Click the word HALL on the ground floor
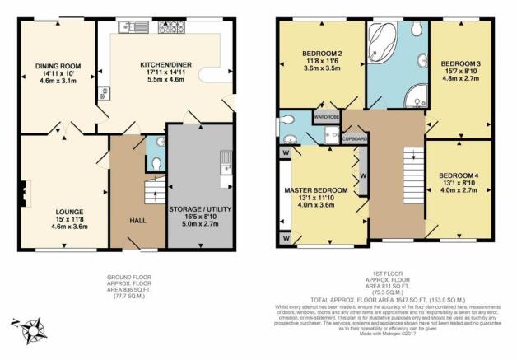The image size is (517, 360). pos(137,220)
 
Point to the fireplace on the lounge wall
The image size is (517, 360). pos(25,194)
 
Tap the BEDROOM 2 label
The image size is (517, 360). pos(314,54)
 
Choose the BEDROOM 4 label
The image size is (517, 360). pos(457,176)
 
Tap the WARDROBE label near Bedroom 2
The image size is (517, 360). pos(326,117)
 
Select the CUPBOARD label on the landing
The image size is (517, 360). pos(355,138)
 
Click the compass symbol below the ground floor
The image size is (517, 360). pos(34,331)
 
